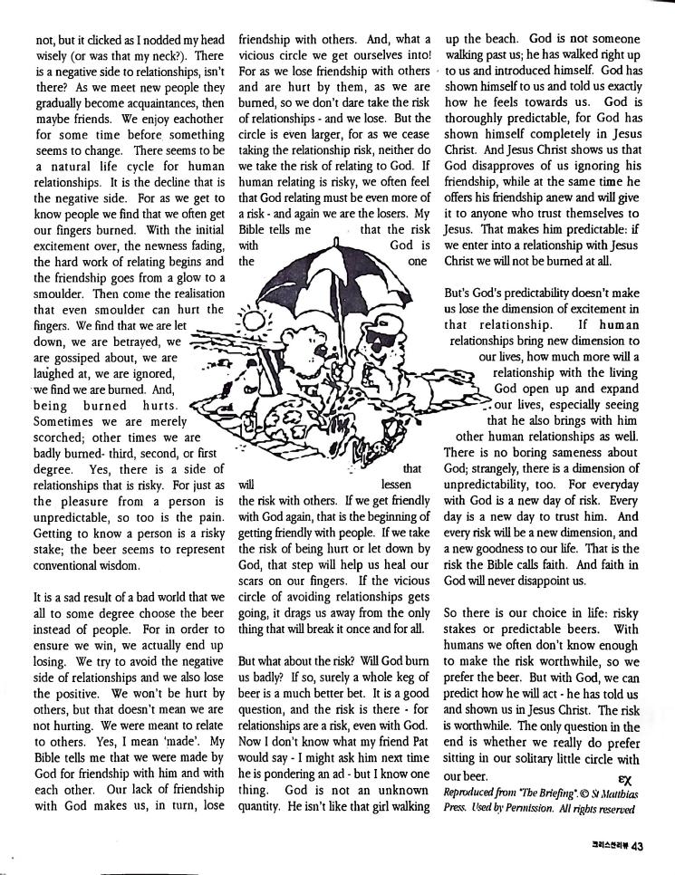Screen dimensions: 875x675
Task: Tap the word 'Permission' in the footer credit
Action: [x=526, y=807]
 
